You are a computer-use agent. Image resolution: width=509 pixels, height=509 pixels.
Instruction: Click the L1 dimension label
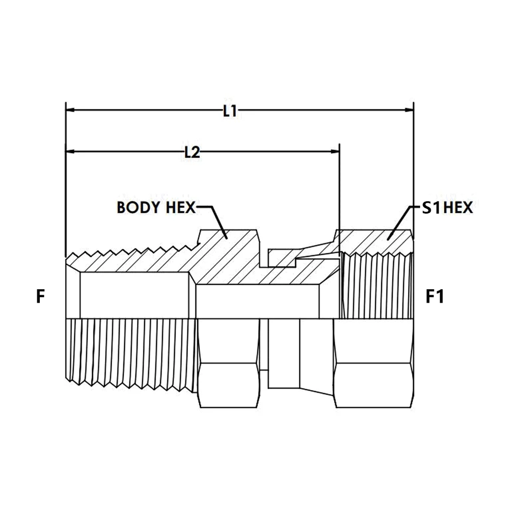(230, 111)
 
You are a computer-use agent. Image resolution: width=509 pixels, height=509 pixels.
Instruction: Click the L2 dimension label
(192, 152)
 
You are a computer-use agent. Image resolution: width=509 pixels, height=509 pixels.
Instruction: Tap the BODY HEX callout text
(156, 207)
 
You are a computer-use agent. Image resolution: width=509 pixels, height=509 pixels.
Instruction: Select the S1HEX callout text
(447, 207)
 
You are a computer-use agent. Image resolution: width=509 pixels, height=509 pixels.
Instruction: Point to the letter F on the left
(40, 297)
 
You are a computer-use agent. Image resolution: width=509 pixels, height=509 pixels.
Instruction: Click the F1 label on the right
(434, 297)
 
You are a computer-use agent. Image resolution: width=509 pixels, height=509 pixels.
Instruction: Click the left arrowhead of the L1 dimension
(70, 110)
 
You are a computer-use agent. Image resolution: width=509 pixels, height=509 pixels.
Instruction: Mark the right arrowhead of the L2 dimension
(335, 151)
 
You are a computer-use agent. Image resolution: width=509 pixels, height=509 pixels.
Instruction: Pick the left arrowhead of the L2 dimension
(70, 151)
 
